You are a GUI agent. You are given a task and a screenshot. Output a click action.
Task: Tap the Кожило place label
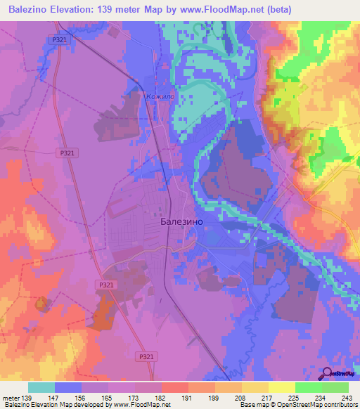[x=159, y=96]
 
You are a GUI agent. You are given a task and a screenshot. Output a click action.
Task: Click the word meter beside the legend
[x=13, y=398]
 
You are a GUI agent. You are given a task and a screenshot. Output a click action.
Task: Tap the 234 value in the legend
[x=321, y=398]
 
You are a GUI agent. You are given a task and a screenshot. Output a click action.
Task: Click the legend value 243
[x=347, y=398]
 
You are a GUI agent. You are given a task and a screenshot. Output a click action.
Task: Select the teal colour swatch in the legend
[x=41, y=387]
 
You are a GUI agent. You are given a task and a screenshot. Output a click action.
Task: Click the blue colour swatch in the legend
[x=68, y=387]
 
